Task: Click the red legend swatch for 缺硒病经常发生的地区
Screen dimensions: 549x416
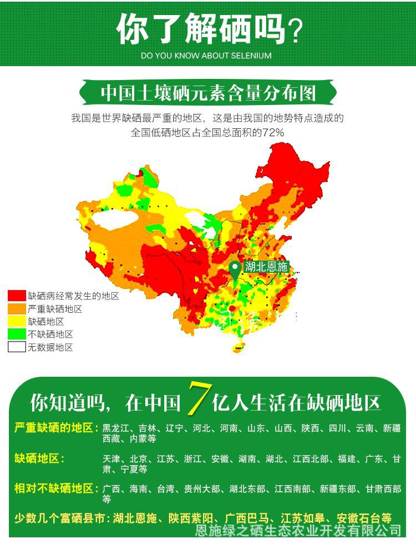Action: coord(17,296)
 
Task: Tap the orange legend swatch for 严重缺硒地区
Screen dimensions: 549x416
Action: coord(17,309)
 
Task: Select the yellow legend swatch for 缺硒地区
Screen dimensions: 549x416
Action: coord(17,322)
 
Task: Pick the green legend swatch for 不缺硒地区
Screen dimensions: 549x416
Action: coord(17,335)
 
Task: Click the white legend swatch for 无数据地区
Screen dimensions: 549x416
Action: coord(17,347)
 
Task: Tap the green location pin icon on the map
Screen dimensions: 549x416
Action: coord(235,269)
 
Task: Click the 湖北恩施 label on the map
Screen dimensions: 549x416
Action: coord(266,267)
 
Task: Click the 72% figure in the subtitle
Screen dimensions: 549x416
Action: coord(273,133)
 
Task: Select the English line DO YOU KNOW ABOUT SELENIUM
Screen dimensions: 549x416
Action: coord(206,56)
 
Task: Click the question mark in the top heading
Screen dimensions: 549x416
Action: coord(296,31)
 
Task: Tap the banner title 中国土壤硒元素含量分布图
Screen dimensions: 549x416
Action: coord(208,93)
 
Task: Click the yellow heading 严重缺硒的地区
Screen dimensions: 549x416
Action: coord(56,428)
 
